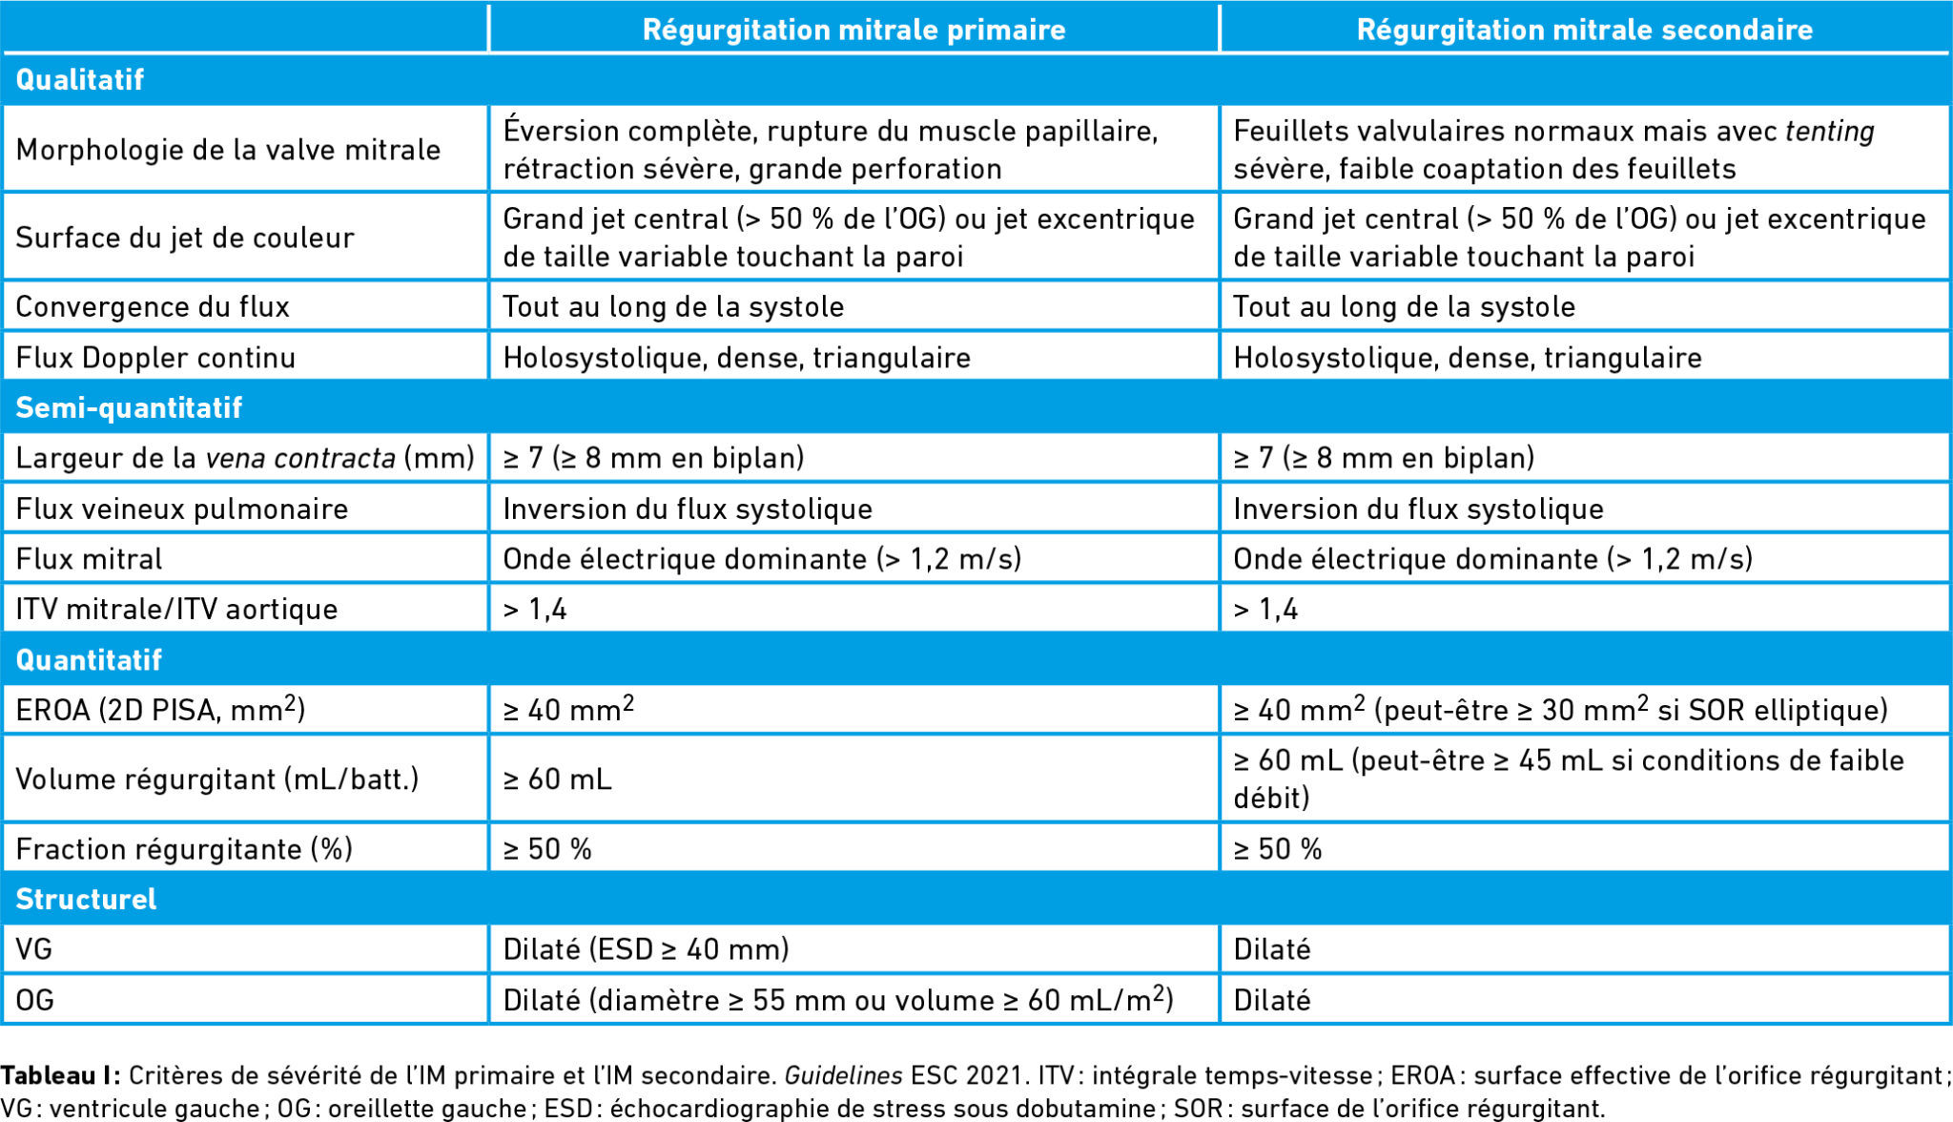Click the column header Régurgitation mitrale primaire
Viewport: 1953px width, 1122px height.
[x=853, y=30]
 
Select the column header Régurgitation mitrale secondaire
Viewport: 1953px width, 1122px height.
[x=1584, y=30]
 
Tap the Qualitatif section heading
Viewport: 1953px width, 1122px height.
[x=80, y=79]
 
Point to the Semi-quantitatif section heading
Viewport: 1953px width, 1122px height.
[x=129, y=407]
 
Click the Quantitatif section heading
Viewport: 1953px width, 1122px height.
[x=89, y=659]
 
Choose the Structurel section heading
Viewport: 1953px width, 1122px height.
[x=86, y=899]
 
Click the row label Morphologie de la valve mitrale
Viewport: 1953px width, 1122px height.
[x=228, y=150]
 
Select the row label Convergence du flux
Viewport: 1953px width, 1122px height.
[x=153, y=306]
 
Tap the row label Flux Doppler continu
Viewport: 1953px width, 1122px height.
[x=155, y=358]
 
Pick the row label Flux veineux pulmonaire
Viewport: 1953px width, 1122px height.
[x=182, y=509]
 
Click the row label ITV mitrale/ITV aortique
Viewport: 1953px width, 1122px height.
[x=176, y=609]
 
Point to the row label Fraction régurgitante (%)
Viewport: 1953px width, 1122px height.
[x=184, y=848]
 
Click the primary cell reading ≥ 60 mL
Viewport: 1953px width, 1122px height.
[x=558, y=779]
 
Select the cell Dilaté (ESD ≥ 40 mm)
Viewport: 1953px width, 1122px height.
[x=646, y=949]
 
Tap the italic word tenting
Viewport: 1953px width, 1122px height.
[x=1829, y=131]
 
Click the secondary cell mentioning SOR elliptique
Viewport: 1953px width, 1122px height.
[x=1560, y=710]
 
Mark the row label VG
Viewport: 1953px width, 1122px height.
[x=33, y=949]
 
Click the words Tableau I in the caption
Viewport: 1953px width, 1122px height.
[x=59, y=1075]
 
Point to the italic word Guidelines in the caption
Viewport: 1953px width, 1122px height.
[x=843, y=1075]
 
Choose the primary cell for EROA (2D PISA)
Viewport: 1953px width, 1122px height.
[x=568, y=710]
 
